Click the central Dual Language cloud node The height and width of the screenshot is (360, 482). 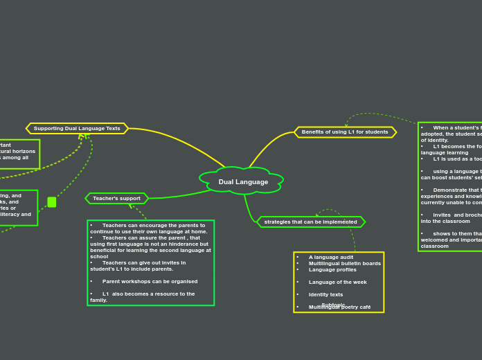[x=243, y=182]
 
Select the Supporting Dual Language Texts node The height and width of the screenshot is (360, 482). [x=77, y=128]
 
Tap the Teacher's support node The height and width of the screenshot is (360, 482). [x=116, y=199]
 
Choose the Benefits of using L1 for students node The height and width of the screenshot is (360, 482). [x=345, y=132]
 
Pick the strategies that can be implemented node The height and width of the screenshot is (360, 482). [x=310, y=222]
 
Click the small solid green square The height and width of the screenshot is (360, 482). [x=52, y=202]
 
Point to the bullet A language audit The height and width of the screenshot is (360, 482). [x=330, y=257]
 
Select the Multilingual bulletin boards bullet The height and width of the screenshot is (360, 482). [x=344, y=263]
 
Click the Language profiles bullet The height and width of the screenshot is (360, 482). [x=332, y=269]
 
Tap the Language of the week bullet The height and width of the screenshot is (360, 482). [x=337, y=282]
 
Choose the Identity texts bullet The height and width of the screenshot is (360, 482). [x=325, y=294]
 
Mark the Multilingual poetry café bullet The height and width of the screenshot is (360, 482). [x=339, y=307]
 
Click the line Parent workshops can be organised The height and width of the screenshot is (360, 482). [x=150, y=281]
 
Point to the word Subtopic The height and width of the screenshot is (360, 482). [x=333, y=304]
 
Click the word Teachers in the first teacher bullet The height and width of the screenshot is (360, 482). [x=114, y=225]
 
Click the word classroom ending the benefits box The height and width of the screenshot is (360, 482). [x=435, y=246]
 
